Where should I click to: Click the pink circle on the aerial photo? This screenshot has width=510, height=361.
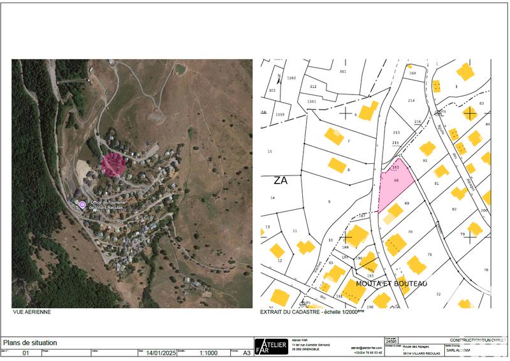(x=113, y=164)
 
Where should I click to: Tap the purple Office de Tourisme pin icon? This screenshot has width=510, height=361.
(x=82, y=204)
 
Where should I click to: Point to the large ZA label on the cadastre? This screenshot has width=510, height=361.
(x=280, y=180)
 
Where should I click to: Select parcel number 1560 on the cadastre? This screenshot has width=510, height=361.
(x=292, y=78)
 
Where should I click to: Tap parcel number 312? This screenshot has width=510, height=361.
(x=313, y=86)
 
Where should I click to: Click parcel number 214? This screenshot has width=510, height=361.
(x=411, y=101)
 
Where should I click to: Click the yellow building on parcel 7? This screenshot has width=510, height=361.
(x=333, y=136)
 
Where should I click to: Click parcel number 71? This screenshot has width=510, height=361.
(x=430, y=254)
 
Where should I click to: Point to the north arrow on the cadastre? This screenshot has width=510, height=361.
(x=279, y=80)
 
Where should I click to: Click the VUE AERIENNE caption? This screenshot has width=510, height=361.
(x=32, y=313)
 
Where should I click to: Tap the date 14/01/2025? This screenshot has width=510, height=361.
(x=159, y=352)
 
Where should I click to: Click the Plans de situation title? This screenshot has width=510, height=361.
(x=31, y=343)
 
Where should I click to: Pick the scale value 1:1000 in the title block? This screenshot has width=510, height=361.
(x=209, y=352)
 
